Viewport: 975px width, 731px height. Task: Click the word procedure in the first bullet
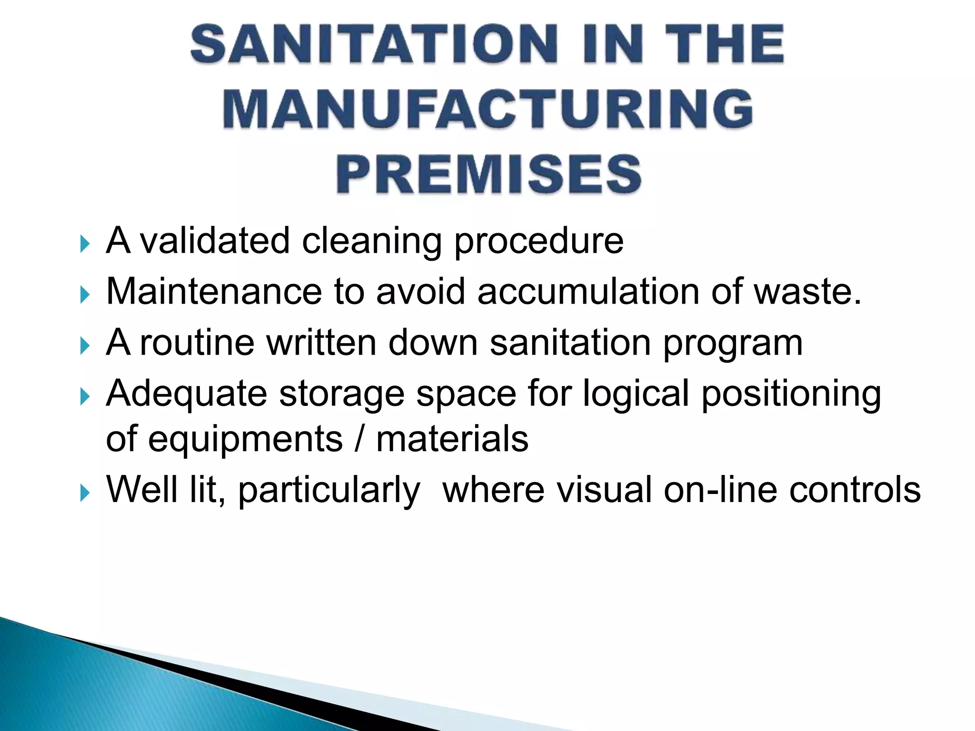tap(538, 242)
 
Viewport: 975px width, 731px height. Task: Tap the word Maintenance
tap(214, 291)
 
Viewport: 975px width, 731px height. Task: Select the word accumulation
tap(588, 291)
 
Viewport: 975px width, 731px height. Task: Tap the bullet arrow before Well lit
tap(85, 493)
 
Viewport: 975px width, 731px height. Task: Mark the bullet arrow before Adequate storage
tap(85, 396)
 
